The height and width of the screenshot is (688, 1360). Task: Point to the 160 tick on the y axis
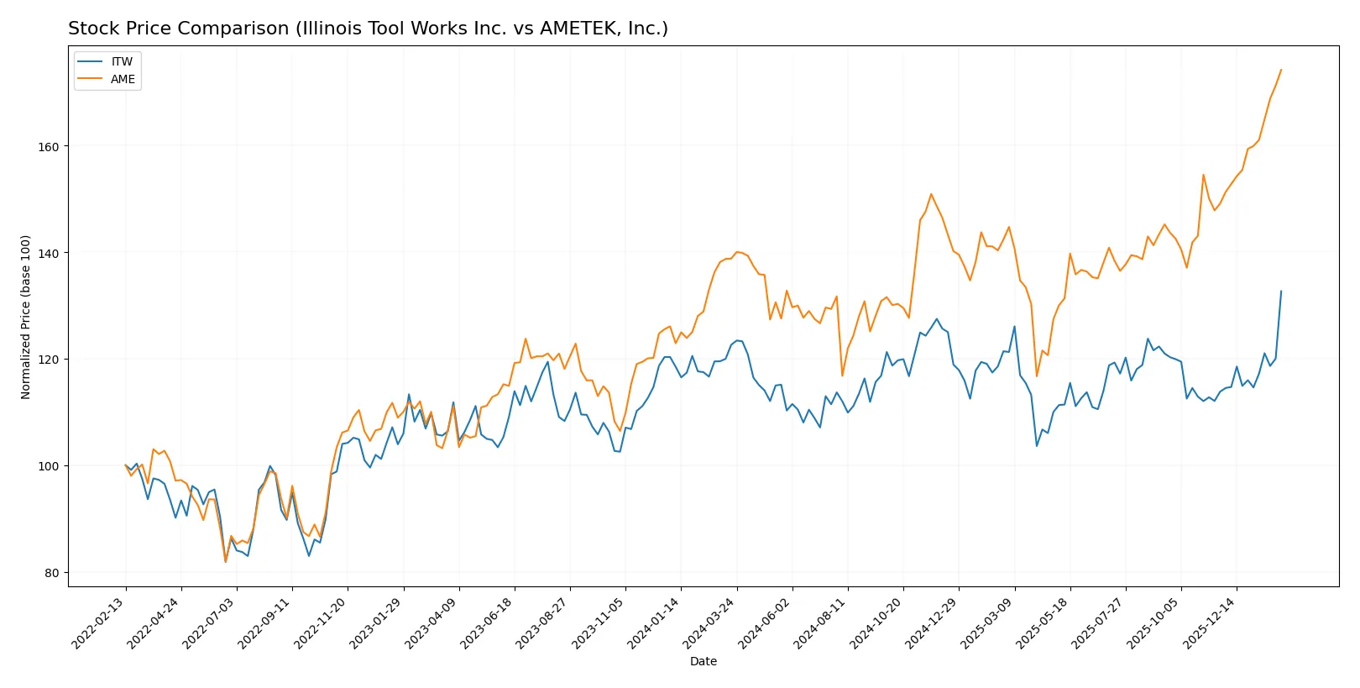(49, 146)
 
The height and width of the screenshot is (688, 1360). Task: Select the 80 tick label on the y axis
(51, 573)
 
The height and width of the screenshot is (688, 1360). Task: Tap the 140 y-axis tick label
(49, 253)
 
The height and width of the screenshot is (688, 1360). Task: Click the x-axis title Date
(703, 661)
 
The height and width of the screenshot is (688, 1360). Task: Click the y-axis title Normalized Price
(26, 317)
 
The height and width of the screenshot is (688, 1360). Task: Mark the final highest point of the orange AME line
(1281, 70)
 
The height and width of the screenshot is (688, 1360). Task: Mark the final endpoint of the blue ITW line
(1281, 291)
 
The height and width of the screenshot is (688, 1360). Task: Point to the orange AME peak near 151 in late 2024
(930, 194)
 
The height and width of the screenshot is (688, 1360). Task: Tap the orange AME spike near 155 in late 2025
(1203, 175)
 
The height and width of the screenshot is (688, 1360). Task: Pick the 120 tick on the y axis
(49, 360)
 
